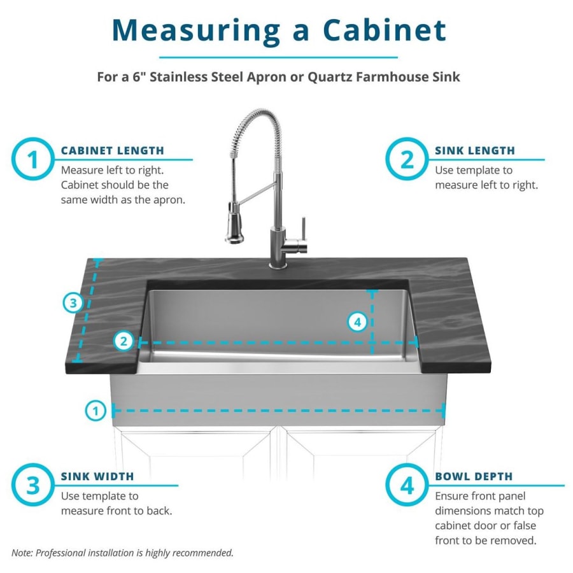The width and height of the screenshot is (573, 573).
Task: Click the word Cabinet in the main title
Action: pyautogui.click(x=385, y=30)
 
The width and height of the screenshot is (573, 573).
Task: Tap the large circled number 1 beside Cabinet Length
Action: pyautogui.click(x=33, y=159)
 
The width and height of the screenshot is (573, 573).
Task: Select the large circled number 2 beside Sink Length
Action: pyautogui.click(x=407, y=159)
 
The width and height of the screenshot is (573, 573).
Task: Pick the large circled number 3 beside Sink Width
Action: pyautogui.click(x=33, y=485)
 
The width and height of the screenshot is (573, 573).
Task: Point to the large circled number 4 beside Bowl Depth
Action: pyautogui.click(x=407, y=485)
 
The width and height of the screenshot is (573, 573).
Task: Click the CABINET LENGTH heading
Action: pyautogui.click(x=113, y=150)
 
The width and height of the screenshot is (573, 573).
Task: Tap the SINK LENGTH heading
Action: pyautogui.click(x=475, y=150)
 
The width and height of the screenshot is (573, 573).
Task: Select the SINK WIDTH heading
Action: pyautogui.click(x=97, y=476)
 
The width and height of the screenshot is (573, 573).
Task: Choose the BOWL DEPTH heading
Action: pyautogui.click(x=474, y=476)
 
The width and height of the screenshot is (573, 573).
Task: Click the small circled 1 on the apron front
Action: pyautogui.click(x=95, y=411)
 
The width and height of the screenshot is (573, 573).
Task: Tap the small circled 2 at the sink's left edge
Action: pyautogui.click(x=124, y=341)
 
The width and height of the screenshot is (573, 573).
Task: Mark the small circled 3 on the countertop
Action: pyautogui.click(x=73, y=303)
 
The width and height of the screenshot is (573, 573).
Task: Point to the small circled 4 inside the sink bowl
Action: pyautogui.click(x=357, y=322)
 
